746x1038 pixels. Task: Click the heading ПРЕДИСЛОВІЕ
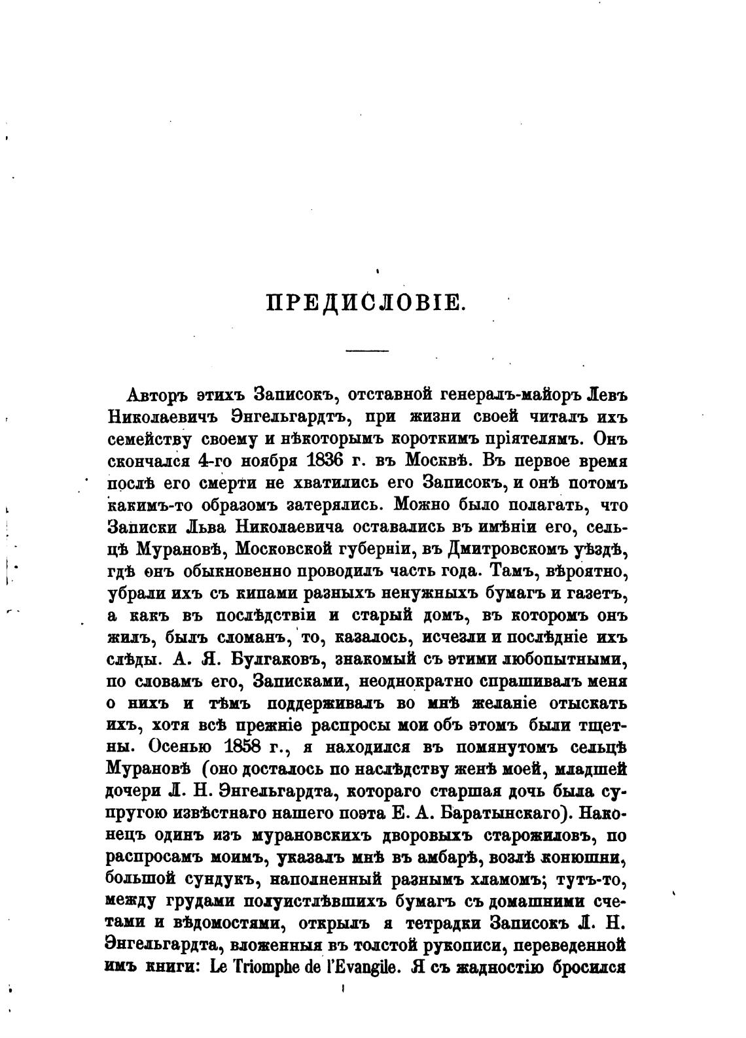click(x=366, y=305)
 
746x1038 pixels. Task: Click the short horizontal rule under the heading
click(x=366, y=351)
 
